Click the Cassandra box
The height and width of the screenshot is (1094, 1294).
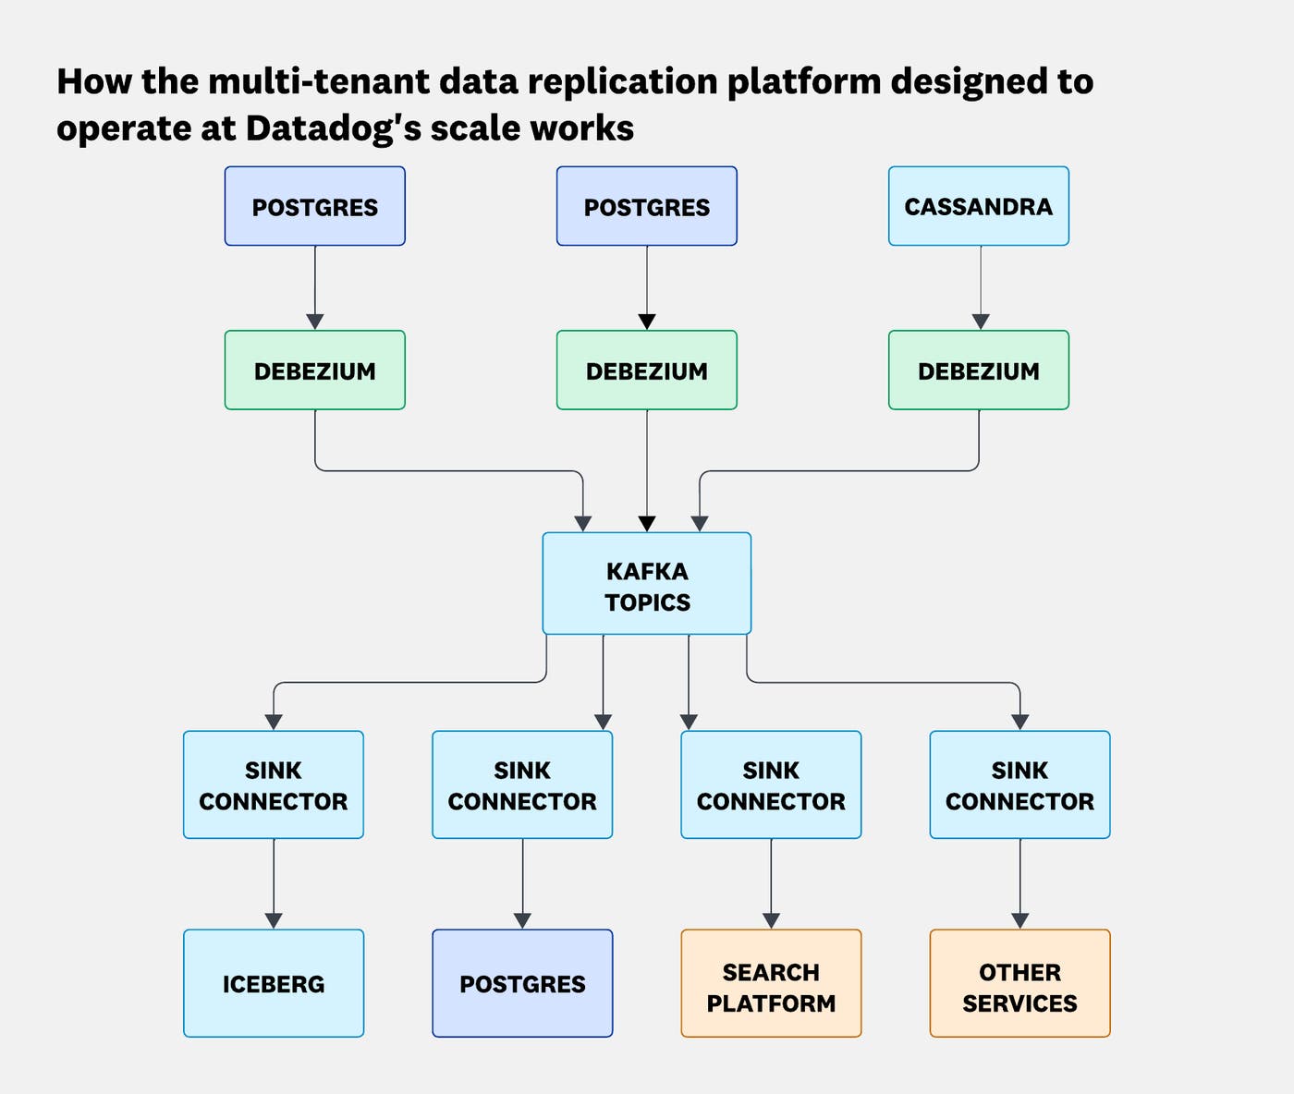978,206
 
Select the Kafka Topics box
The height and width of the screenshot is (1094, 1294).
646,583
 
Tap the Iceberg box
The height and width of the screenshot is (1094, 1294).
274,983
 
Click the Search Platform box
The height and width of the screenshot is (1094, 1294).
771,983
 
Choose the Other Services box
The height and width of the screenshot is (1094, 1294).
1019,983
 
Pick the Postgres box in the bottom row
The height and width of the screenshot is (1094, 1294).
522,983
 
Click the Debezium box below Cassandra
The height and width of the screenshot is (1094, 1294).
978,370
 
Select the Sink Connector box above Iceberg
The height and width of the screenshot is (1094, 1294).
274,784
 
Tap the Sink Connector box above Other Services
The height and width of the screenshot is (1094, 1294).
1019,784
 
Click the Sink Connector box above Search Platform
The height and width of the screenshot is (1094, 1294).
771,784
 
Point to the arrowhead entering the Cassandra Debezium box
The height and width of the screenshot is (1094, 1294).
981,322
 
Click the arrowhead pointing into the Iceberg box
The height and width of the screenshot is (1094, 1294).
274,920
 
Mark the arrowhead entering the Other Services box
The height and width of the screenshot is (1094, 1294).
1019,920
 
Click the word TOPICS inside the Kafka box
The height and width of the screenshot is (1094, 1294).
647,602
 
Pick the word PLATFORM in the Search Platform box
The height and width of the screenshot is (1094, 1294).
771,1003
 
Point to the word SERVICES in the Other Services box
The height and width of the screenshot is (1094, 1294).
1019,1003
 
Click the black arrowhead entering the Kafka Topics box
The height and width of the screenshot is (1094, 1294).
647,524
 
